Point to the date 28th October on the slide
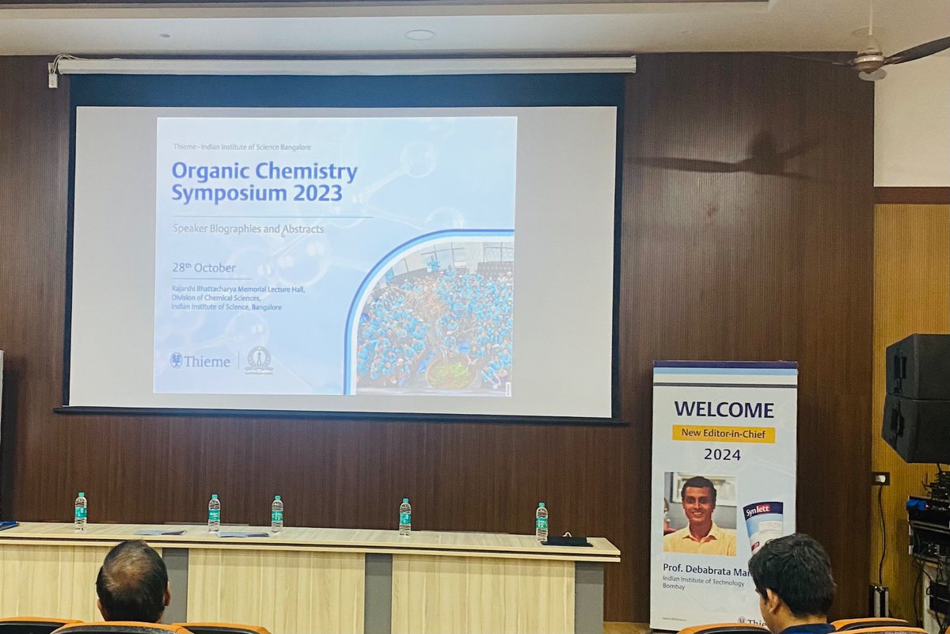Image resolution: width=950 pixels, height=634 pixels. click(x=203, y=268)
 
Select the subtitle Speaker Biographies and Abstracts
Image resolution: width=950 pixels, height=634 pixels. click(x=248, y=229)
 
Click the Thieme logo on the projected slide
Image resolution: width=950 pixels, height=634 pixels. click(x=200, y=361)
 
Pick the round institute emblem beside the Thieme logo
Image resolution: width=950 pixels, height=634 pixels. click(x=259, y=360)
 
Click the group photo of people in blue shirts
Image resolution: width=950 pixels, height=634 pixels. click(x=434, y=325)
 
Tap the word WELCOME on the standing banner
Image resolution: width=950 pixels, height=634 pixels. click(x=724, y=409)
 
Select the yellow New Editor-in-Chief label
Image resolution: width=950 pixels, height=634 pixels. click(x=724, y=434)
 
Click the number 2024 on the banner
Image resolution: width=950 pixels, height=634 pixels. click(x=722, y=454)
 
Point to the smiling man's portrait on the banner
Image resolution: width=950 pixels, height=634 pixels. click(x=700, y=514)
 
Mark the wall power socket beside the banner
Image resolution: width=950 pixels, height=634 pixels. click(x=880, y=478)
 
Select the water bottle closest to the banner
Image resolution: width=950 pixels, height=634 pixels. click(x=541, y=522)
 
